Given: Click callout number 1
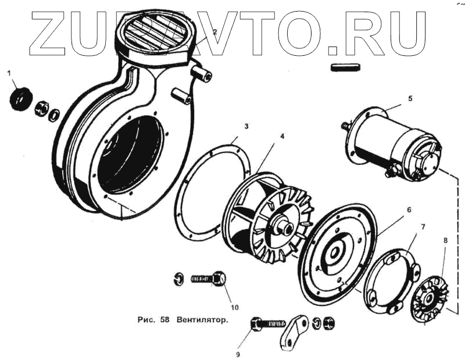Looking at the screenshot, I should pyautogui.click(x=9, y=73).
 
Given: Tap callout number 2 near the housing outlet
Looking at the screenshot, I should pyautogui.click(x=214, y=33).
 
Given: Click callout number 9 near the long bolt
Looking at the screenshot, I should pyautogui.click(x=238, y=354).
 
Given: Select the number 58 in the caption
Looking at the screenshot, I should pyautogui.click(x=163, y=320).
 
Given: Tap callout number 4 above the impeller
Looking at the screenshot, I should pyautogui.click(x=282, y=136).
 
